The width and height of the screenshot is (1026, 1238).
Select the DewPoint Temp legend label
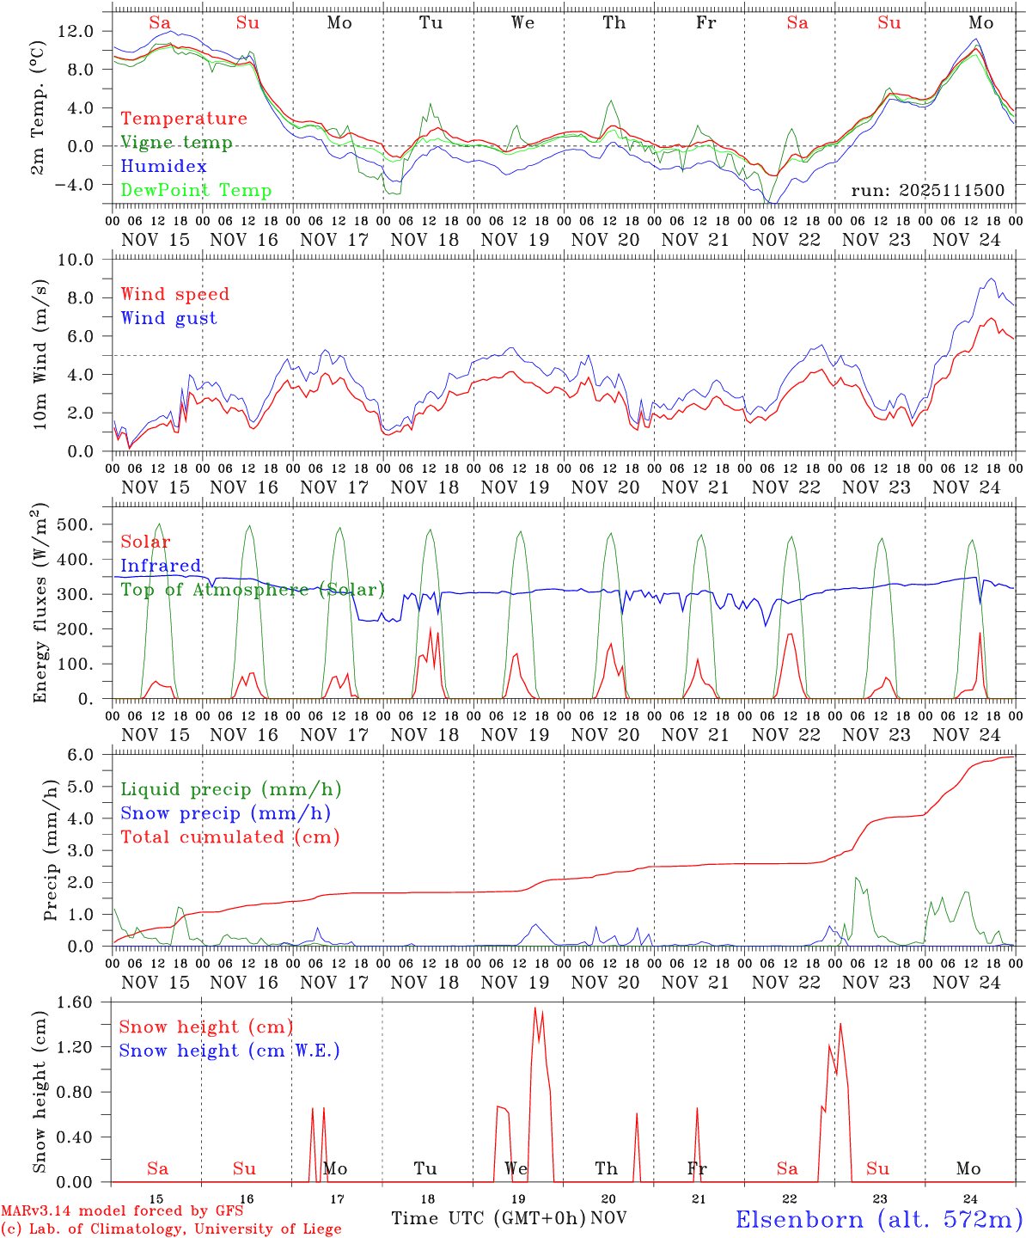tap(196, 191)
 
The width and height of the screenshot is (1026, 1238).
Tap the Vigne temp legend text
tap(176, 143)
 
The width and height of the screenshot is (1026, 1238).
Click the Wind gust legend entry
tap(168, 318)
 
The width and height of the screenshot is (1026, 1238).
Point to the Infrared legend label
tap(161, 566)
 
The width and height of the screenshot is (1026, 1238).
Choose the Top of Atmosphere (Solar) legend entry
tap(253, 590)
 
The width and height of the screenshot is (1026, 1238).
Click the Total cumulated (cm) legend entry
tap(230, 837)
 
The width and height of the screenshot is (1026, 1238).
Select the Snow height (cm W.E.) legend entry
tap(229, 1051)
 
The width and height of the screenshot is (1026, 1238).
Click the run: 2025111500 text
tap(927, 190)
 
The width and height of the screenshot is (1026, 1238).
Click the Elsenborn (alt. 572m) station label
tap(878, 1219)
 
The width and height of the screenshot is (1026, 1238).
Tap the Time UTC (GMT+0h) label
tap(488, 1218)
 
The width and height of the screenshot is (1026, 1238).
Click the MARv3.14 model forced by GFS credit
tap(122, 1211)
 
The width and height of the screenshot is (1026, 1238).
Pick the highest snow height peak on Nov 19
tap(534, 1008)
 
